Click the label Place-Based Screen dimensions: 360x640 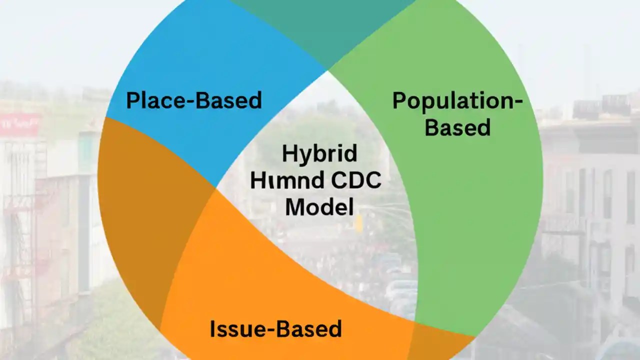click(x=193, y=100)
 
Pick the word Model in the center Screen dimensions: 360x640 click(x=319, y=206)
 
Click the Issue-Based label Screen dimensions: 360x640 click(x=275, y=329)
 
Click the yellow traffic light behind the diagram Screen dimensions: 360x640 click(x=358, y=224)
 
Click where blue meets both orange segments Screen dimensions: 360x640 click(x=215, y=188)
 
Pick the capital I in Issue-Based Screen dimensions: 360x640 click(x=212, y=329)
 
